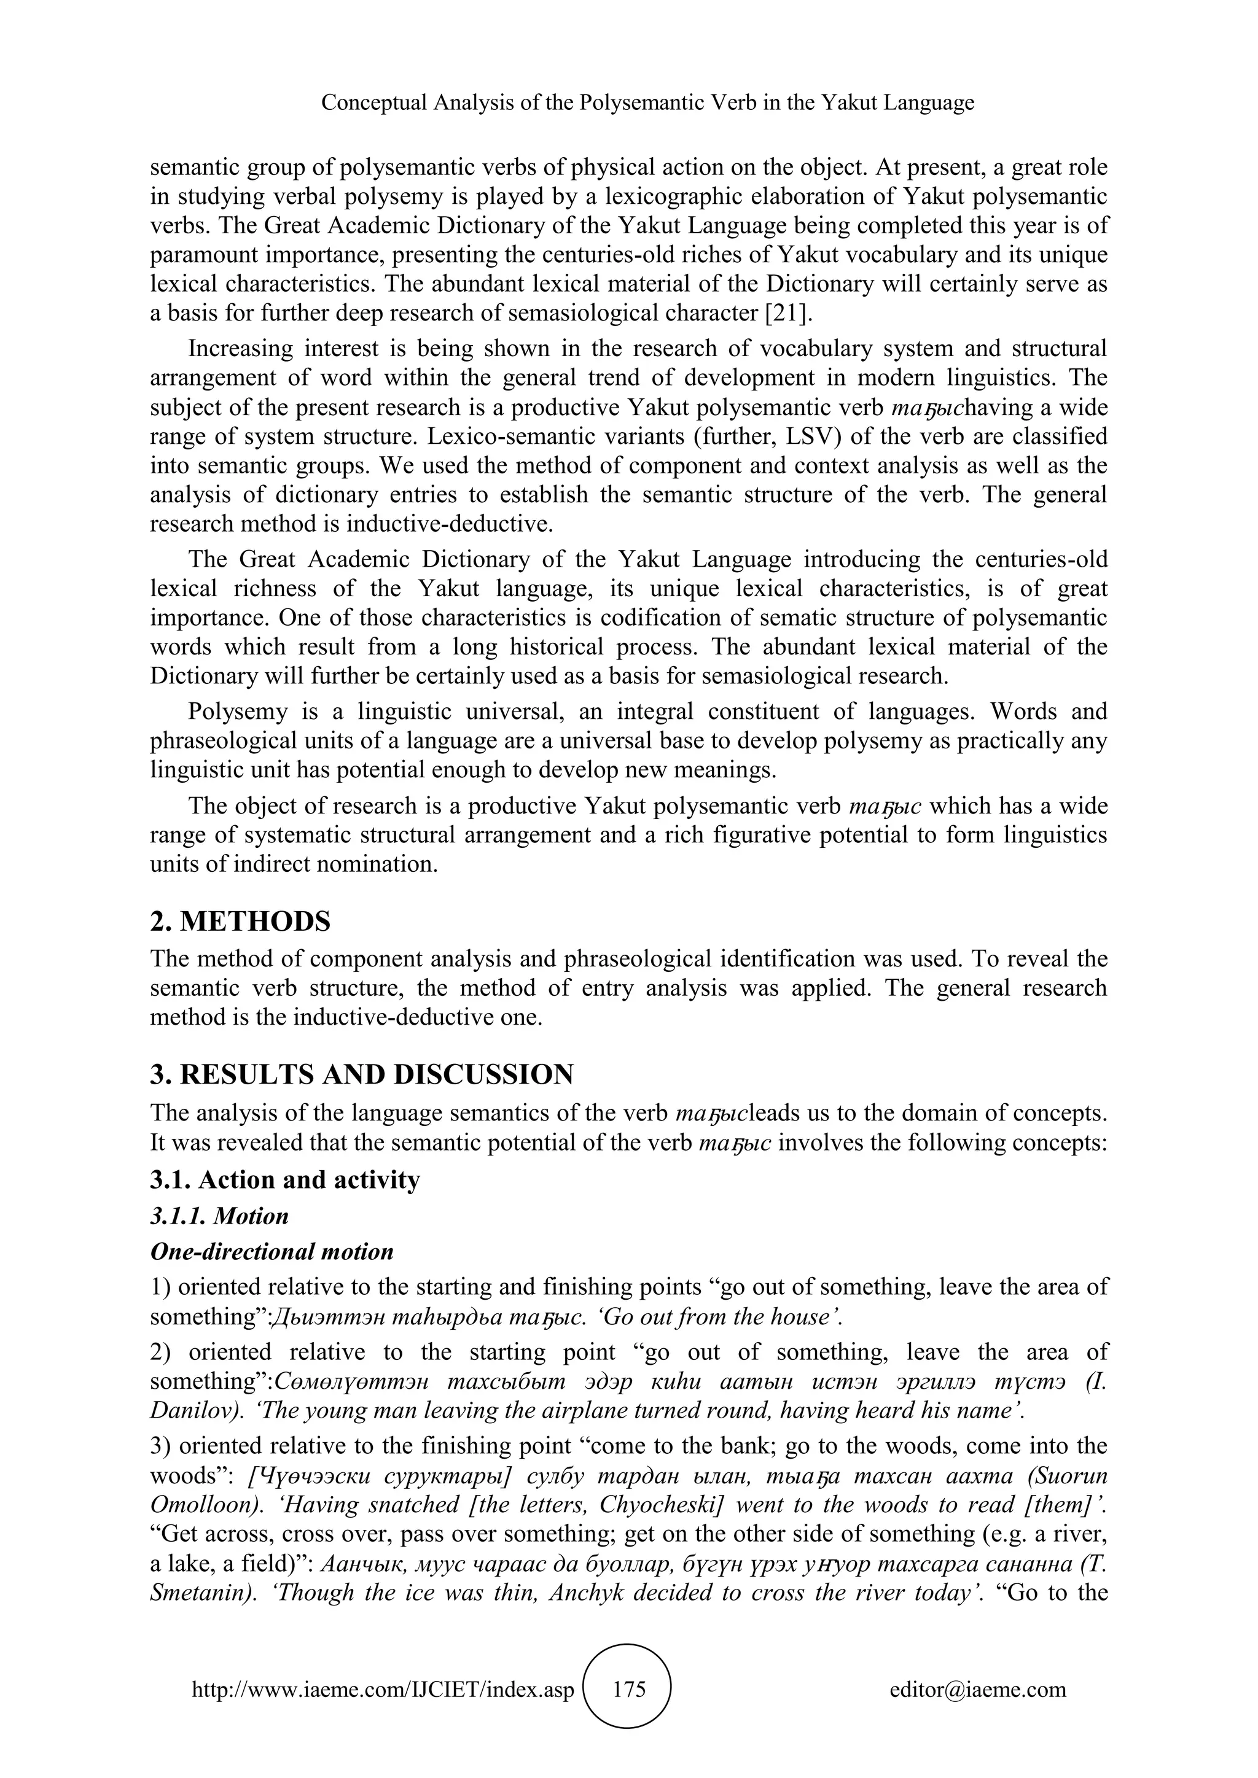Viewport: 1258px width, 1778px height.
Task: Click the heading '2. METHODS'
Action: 240,922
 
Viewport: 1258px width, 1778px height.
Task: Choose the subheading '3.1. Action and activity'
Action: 285,1179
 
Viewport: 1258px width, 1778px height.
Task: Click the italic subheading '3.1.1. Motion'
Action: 219,1216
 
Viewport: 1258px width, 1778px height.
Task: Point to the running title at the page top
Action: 647,102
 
